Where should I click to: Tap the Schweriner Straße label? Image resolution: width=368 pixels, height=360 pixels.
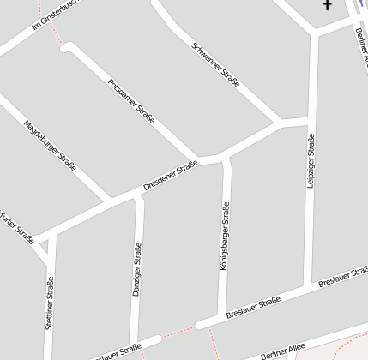click(x=216, y=65)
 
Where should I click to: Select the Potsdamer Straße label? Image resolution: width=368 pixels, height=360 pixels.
click(x=131, y=101)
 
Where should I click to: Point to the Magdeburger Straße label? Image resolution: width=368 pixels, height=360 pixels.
click(x=50, y=145)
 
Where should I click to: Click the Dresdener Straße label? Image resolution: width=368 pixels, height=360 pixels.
click(x=170, y=175)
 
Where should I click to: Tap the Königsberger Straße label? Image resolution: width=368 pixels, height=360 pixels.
click(x=225, y=237)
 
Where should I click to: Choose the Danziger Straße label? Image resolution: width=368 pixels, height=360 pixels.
click(x=136, y=270)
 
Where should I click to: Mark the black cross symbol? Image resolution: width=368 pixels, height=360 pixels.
click(x=327, y=6)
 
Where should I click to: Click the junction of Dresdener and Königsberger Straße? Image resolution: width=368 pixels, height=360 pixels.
click(x=226, y=158)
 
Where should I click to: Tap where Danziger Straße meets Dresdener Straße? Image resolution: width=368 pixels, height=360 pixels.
click(x=139, y=198)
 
